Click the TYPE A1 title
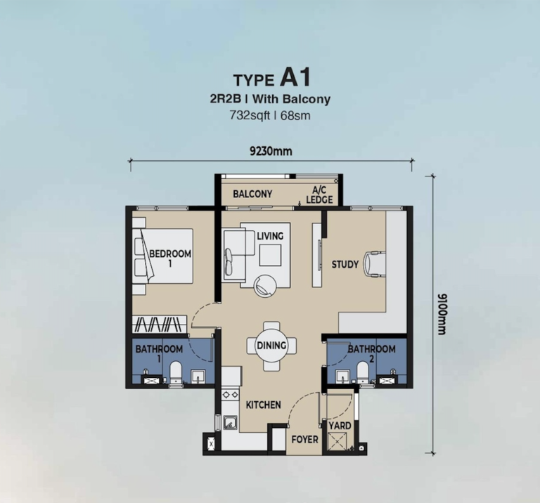pyautogui.click(x=270, y=77)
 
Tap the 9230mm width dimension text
pyautogui.click(x=270, y=150)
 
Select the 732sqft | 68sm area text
pyautogui.click(x=270, y=115)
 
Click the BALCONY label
pyautogui.click(x=252, y=194)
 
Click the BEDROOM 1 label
pyautogui.click(x=170, y=258)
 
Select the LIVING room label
pyautogui.click(x=270, y=236)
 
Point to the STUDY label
pyautogui.click(x=345, y=265)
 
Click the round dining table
pyautogui.click(x=271, y=346)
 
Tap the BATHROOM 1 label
pyautogui.click(x=159, y=353)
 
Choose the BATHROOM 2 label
pyautogui.click(x=371, y=353)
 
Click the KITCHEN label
pyautogui.click(x=263, y=405)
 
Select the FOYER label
pyautogui.click(x=304, y=440)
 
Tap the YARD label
pyautogui.click(x=340, y=426)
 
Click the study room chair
pyautogui.click(x=374, y=263)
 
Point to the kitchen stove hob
pyautogui.click(x=229, y=396)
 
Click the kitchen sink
pyautogui.click(x=229, y=423)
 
